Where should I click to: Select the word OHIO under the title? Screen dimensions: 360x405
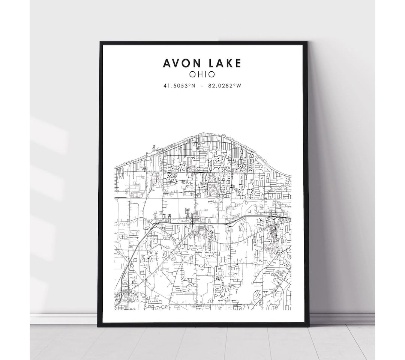click(202, 74)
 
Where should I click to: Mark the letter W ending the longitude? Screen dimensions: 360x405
click(239, 86)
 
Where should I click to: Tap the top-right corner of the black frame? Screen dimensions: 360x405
click(307, 42)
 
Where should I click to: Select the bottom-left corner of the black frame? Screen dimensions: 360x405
click(98, 327)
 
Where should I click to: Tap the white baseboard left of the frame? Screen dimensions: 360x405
click(64, 319)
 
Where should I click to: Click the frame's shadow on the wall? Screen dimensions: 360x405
click(319, 188)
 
